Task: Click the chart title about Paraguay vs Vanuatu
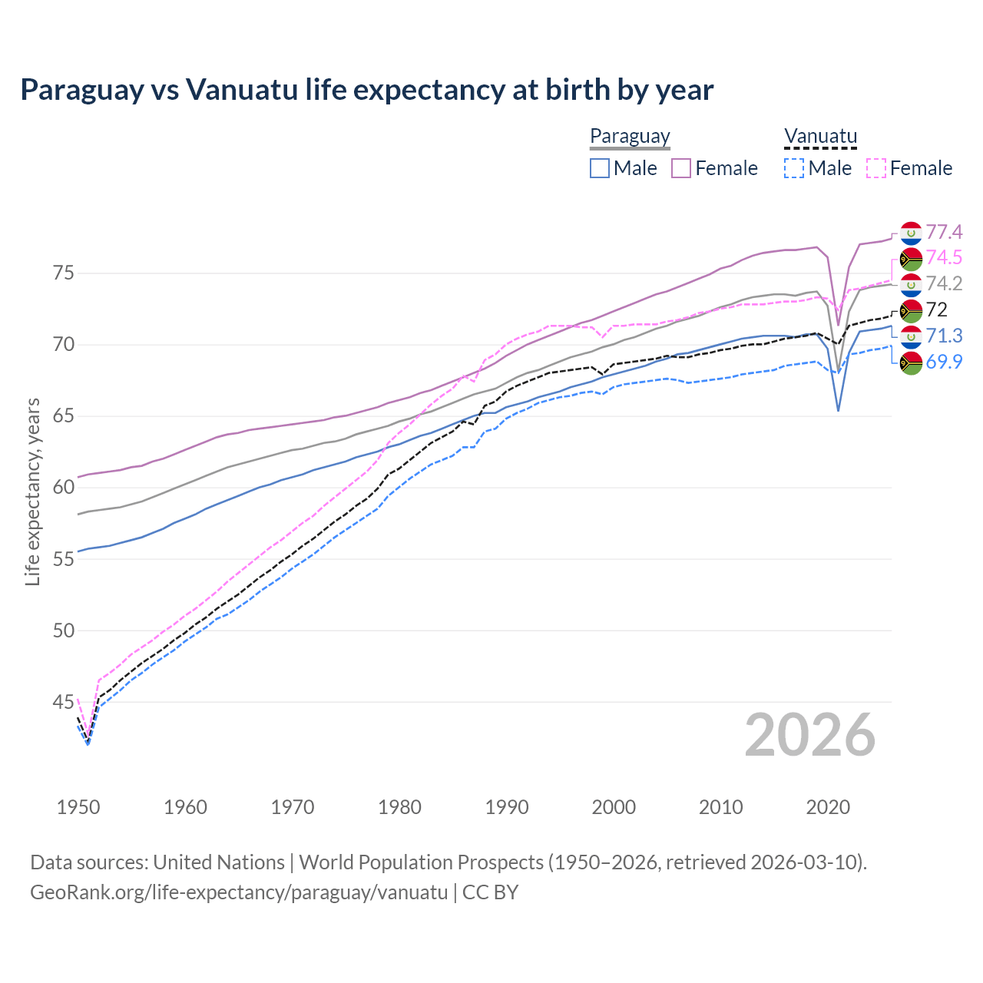pos(367,90)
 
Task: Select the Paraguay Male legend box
pos(600,168)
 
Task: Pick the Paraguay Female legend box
pos(681,168)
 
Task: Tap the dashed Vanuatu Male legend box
pos(794,168)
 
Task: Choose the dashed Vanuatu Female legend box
pos(876,168)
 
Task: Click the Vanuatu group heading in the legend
pos(820,137)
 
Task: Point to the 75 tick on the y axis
pos(63,273)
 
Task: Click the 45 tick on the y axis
pos(63,702)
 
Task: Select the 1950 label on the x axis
pos(78,807)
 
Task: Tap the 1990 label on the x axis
pos(507,807)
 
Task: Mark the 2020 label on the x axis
pos(828,807)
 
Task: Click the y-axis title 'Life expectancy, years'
pos(32,491)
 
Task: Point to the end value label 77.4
pos(944,232)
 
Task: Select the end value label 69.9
pos(944,362)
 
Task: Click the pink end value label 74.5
pos(944,257)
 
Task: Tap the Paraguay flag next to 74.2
pos(911,284)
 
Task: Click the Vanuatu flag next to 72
pos(911,310)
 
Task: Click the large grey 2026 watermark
pos(810,735)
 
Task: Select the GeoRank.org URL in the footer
pos(239,892)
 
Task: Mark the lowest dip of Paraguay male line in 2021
pos(839,410)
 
